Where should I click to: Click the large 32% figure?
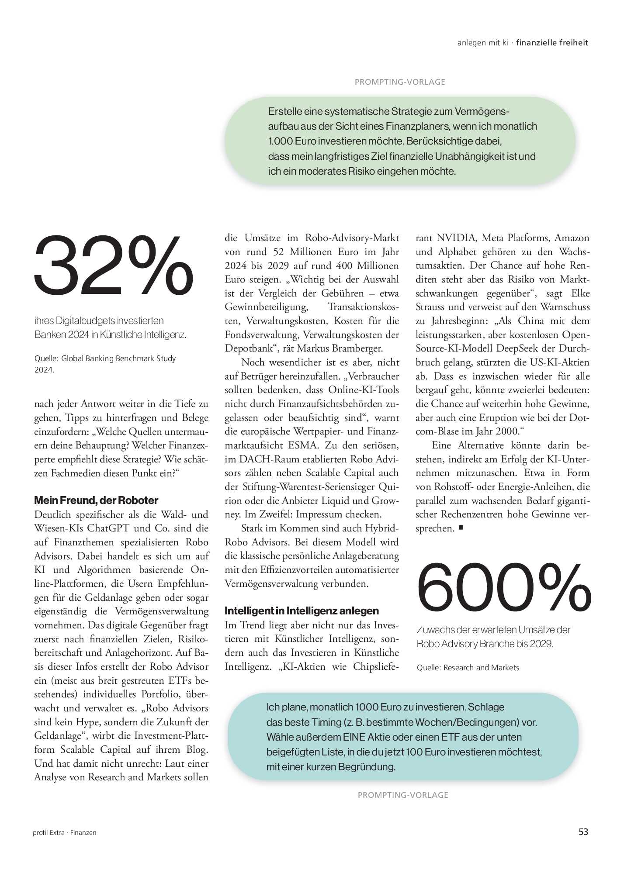tap(114, 266)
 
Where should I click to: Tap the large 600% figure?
tap(503, 587)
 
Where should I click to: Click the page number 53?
tap(583, 832)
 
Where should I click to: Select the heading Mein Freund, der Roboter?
tap(96, 500)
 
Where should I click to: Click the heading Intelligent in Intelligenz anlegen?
tap(302, 611)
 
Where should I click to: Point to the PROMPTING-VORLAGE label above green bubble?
tap(400, 82)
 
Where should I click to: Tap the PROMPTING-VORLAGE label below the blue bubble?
tap(403, 795)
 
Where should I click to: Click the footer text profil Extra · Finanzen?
tap(65, 833)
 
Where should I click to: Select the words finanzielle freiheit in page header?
tap(552, 43)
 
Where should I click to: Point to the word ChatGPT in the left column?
tap(108, 528)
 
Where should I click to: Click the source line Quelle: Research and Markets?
tap(468, 668)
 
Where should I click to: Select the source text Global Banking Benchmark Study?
tap(118, 359)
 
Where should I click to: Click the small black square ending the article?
tap(461, 528)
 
